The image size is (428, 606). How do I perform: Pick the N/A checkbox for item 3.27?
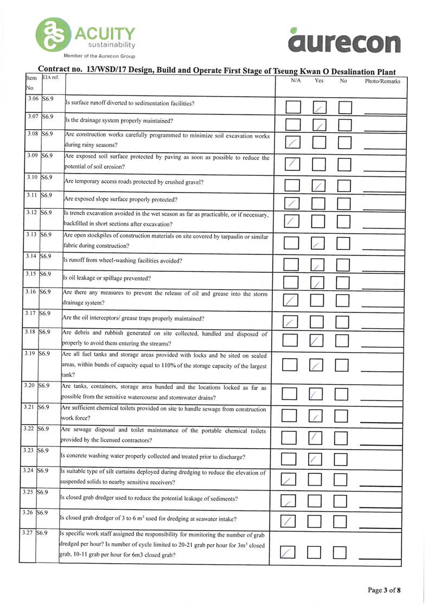pos(289,552)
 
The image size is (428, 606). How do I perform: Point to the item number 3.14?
pos(32,256)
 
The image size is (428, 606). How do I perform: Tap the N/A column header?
pos(296,81)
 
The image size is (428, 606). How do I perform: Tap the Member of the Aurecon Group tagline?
pos(99,55)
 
